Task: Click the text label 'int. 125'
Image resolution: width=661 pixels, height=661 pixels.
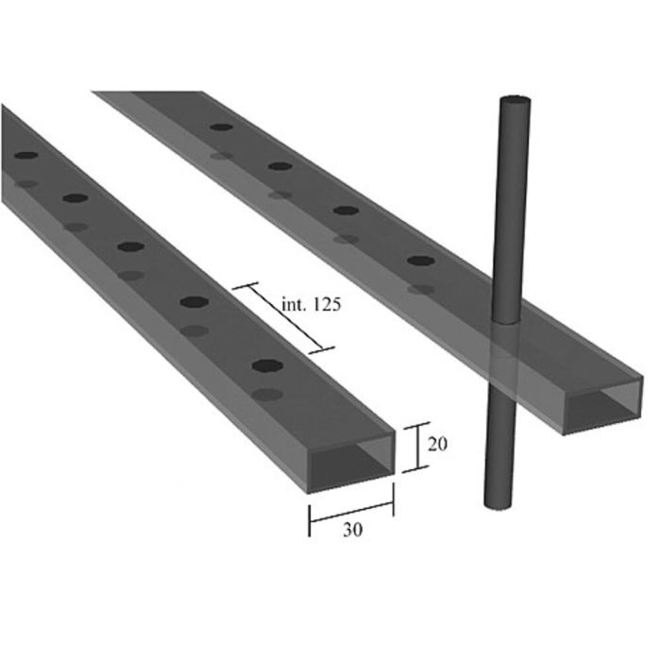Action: (x=311, y=304)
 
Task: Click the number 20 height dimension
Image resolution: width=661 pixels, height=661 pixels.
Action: (x=437, y=445)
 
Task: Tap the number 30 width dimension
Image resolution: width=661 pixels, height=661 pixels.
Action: (x=352, y=530)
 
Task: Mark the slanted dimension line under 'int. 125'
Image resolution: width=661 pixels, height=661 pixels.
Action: (x=283, y=317)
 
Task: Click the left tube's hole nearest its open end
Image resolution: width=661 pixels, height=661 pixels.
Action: (x=267, y=364)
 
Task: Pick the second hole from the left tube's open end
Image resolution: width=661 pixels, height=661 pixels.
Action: (x=195, y=302)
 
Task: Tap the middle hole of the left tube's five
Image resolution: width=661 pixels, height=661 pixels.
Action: (x=131, y=246)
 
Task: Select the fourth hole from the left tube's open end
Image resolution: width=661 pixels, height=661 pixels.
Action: (x=76, y=198)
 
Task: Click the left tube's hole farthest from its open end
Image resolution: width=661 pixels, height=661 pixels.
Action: (x=26, y=155)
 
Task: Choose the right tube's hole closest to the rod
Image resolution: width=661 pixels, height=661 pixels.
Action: (x=421, y=260)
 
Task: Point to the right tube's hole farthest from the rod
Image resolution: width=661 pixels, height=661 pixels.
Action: (x=222, y=127)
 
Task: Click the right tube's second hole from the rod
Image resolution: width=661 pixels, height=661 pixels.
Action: (x=347, y=210)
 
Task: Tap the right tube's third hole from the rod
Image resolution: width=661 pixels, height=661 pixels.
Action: (x=280, y=166)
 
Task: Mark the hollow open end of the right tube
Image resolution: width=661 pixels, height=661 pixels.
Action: (x=602, y=404)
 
